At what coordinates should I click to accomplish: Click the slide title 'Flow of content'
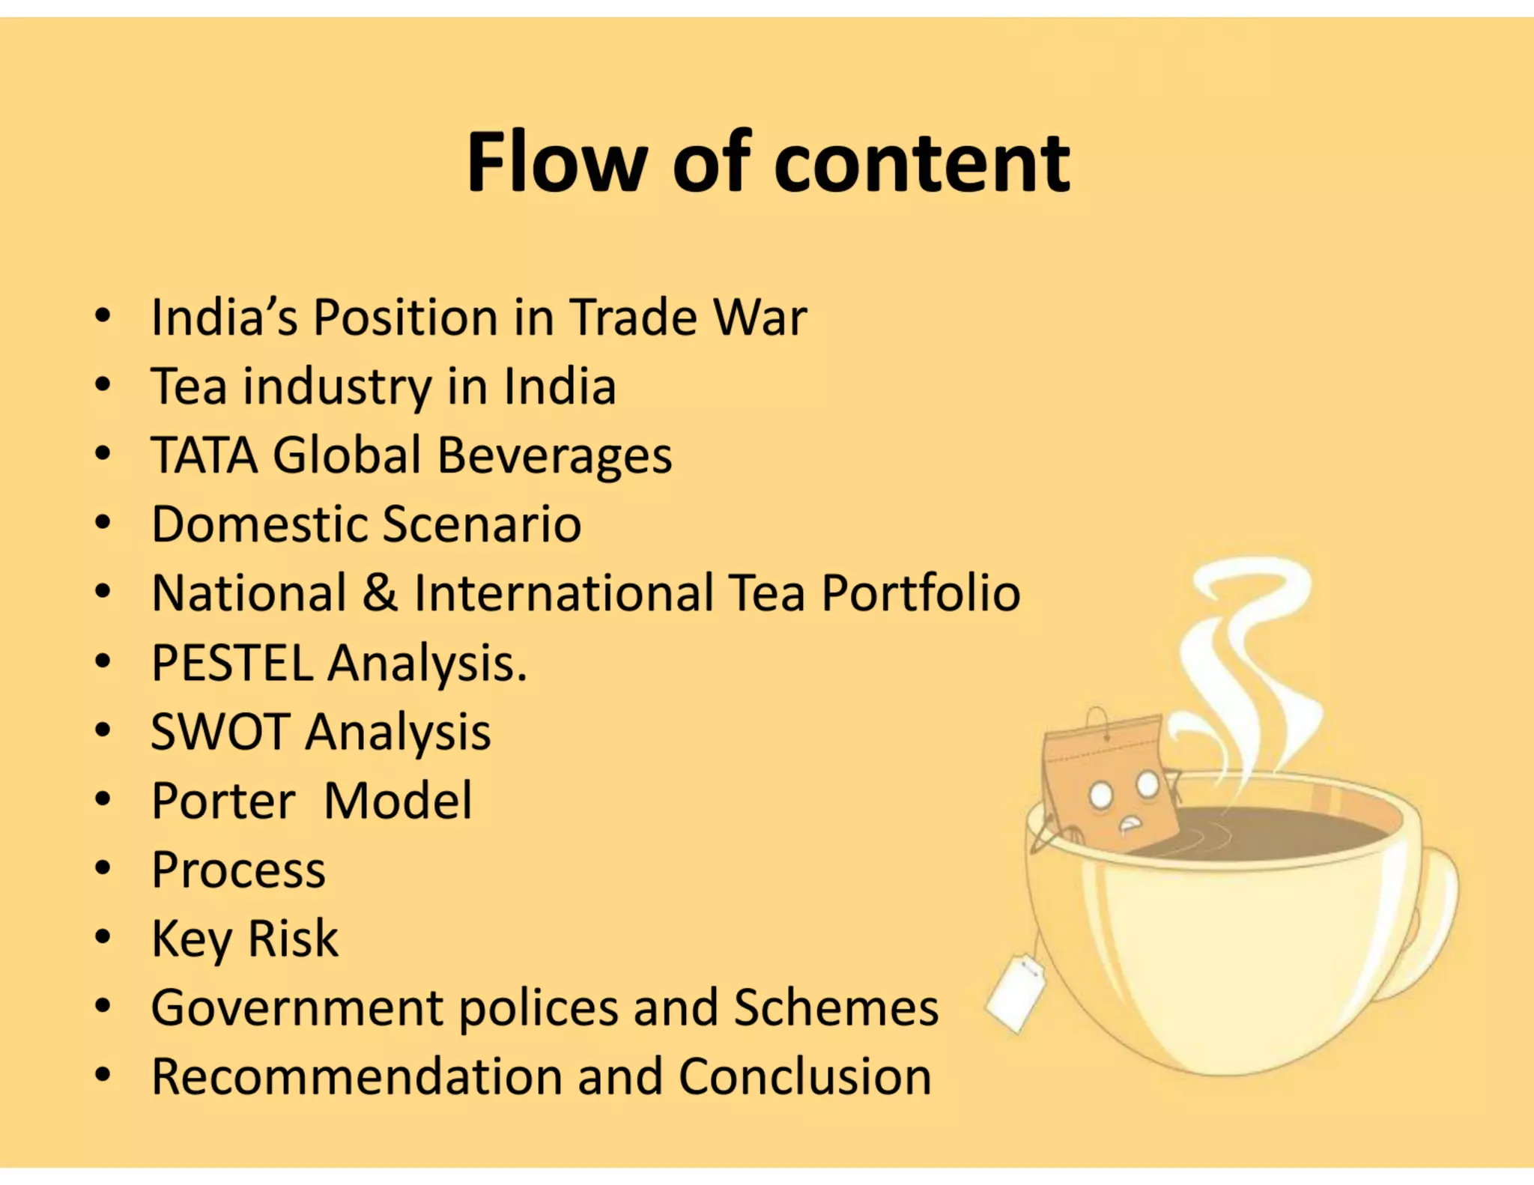pos(768,163)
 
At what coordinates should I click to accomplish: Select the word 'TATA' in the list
pos(204,455)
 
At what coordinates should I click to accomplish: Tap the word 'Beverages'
pos(554,456)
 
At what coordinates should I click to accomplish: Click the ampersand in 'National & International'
pos(380,592)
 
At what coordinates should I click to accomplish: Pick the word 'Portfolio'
pos(921,593)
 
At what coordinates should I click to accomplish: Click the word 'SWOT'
pos(220,731)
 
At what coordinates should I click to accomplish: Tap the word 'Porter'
pos(223,801)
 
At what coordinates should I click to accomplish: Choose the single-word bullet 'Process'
pos(238,870)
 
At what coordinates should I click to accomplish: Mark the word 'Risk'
pos(293,938)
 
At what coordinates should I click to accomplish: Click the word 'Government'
pos(297,1007)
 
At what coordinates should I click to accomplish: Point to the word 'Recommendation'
pos(356,1076)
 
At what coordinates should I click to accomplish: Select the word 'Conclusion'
pos(804,1076)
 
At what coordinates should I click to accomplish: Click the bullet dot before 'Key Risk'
pos(103,937)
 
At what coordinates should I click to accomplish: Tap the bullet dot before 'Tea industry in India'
pos(103,386)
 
